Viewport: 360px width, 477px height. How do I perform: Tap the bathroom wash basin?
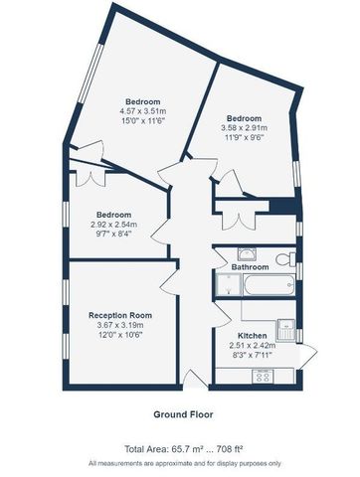[x=244, y=253]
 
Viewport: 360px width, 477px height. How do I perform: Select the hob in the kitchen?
[x=265, y=376]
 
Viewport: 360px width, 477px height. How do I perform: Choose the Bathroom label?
[x=251, y=268]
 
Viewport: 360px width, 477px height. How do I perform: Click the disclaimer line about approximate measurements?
[x=179, y=464]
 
